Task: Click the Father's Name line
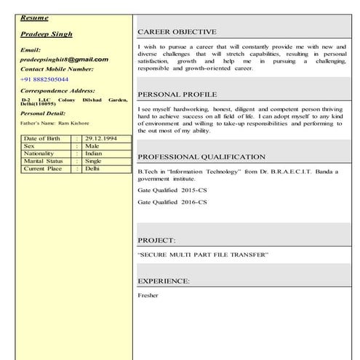click(x=55, y=124)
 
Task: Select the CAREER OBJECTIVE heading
click(x=176, y=32)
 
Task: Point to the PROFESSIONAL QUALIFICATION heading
click(x=201, y=156)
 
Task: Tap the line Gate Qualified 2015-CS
click(x=172, y=189)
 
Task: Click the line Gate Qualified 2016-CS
click(x=172, y=201)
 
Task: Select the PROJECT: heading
click(x=156, y=239)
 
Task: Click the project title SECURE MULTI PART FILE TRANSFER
click(x=203, y=255)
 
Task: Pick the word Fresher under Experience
click(x=148, y=295)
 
